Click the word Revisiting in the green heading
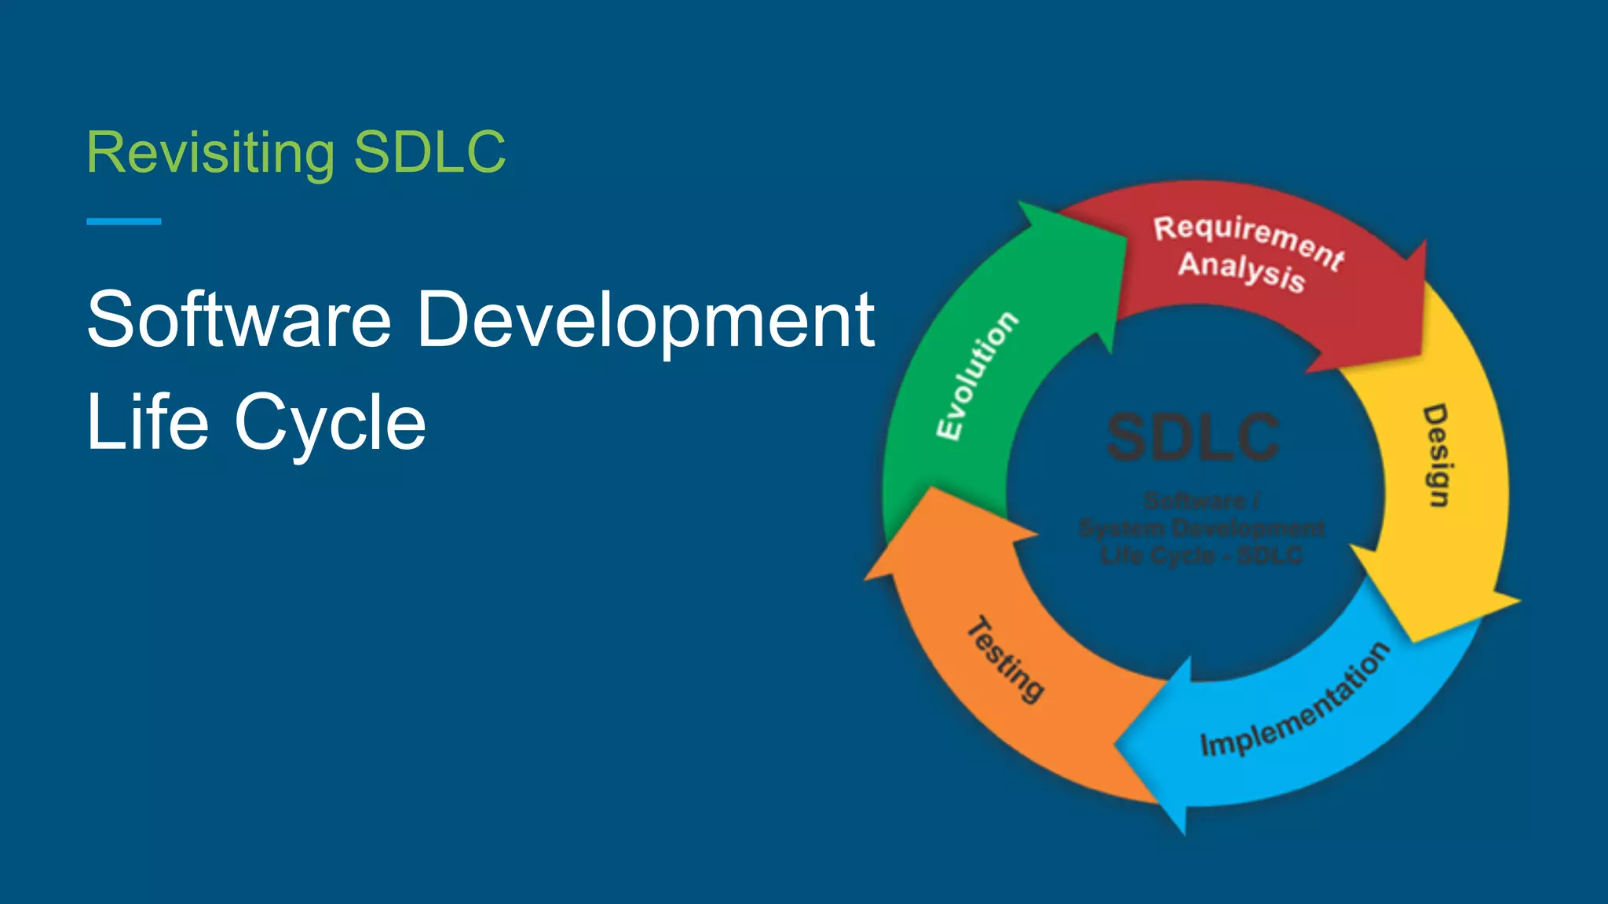(x=210, y=152)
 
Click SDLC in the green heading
(x=429, y=152)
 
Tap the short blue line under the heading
(x=123, y=222)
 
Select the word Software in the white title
(x=239, y=319)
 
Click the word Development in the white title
(x=645, y=319)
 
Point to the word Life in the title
(x=147, y=423)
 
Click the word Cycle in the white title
(x=330, y=423)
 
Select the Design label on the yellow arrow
(x=1436, y=456)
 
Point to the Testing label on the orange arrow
(x=1006, y=659)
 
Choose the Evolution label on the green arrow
(x=978, y=375)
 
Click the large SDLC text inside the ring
(x=1193, y=437)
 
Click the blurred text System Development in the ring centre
(x=1201, y=528)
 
